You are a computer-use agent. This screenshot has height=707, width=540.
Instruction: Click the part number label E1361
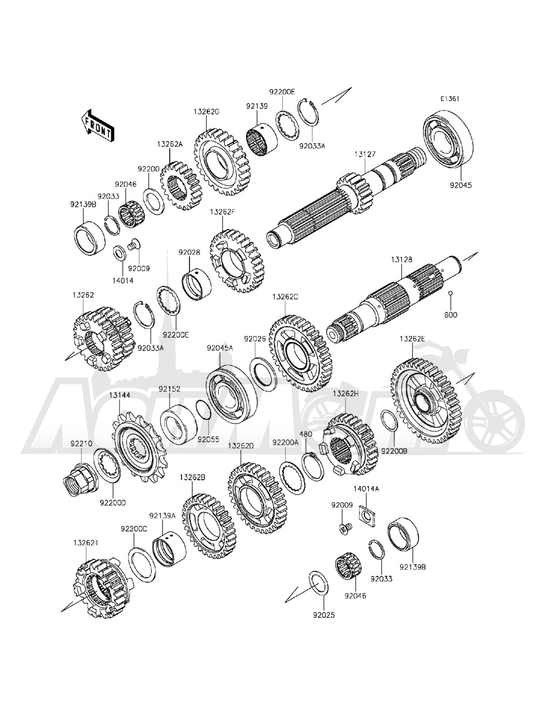[x=449, y=99]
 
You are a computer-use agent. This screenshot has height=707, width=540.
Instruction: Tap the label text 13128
[x=402, y=260]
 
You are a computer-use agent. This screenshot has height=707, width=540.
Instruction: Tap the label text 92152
[x=169, y=388]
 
